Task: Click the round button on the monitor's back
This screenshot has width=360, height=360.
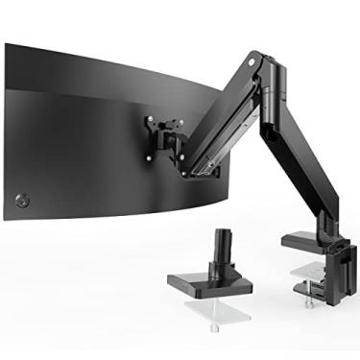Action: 21,201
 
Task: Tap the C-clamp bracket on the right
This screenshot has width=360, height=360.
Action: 332,259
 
